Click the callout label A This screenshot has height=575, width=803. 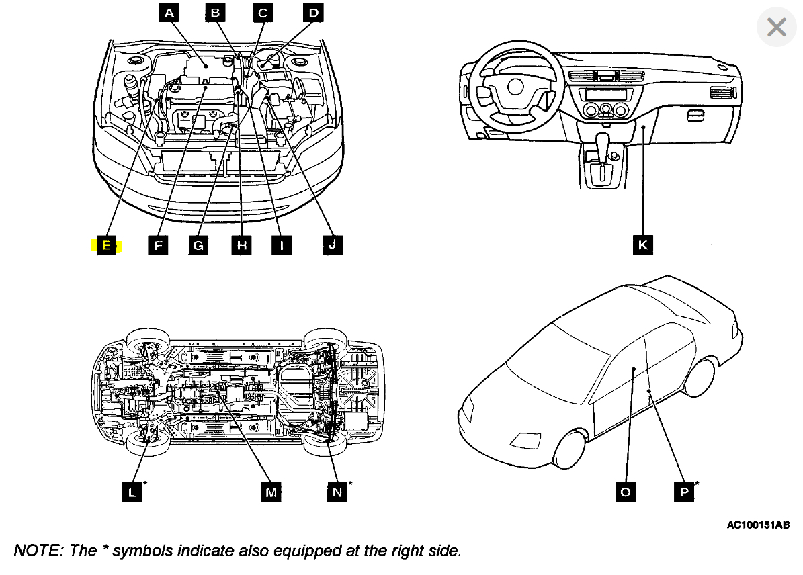coord(169,12)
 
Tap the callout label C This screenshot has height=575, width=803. coord(263,12)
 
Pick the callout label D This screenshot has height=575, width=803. coord(312,12)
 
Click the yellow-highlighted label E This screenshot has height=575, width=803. coord(106,246)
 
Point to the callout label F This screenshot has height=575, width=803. coord(158,246)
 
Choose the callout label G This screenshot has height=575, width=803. coord(198,246)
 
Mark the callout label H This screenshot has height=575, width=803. coord(241,246)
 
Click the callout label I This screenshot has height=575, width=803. coord(281,246)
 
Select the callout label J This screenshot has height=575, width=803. coord(332,246)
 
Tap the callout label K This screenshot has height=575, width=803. coord(643,246)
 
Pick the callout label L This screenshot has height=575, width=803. coord(132,492)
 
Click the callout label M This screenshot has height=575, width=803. coord(271,492)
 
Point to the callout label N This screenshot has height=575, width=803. coord(337,492)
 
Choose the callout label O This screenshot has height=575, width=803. coord(626,492)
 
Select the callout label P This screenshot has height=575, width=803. coord(684,492)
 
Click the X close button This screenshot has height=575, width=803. coord(776,28)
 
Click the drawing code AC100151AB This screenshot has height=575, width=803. coord(757,525)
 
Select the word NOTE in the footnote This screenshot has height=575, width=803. coord(36,551)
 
